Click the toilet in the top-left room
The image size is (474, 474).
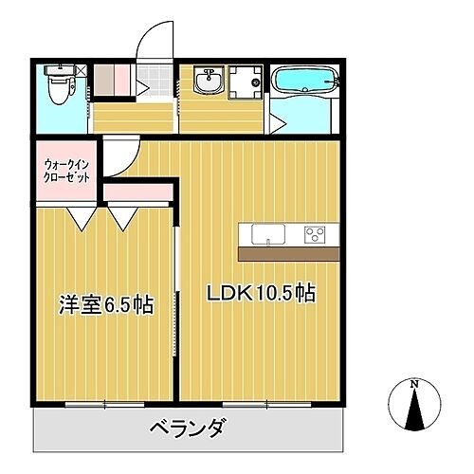(60, 86)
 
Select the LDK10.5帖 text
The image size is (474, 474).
(262, 294)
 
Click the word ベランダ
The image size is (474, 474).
(188, 428)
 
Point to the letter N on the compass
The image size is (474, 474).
(414, 384)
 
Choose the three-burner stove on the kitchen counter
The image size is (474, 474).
(315, 234)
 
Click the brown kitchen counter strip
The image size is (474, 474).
(288, 254)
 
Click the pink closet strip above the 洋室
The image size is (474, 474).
(137, 192)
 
